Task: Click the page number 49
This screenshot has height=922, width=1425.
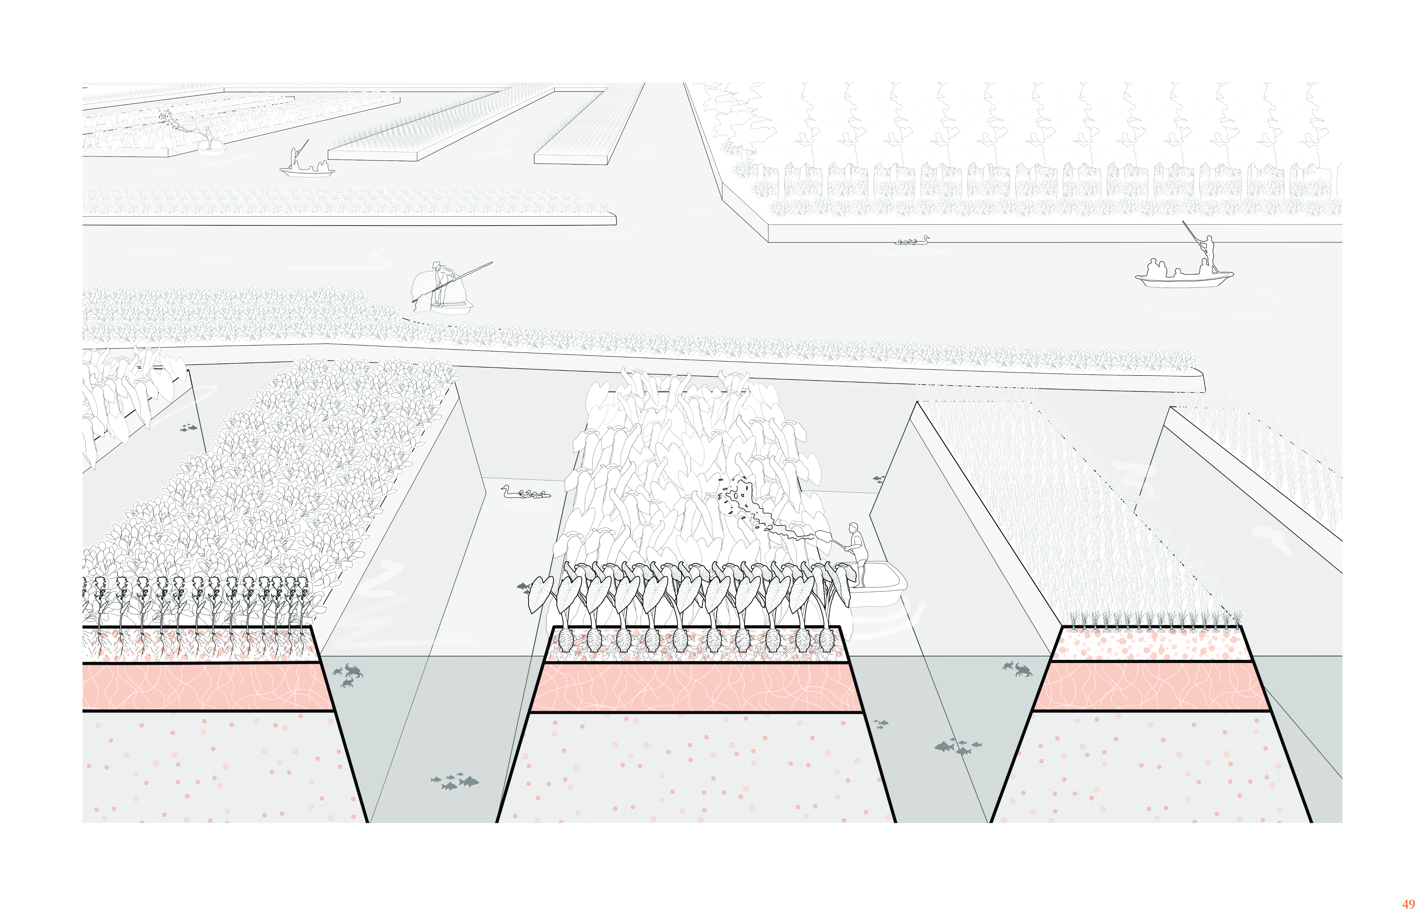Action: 1408,904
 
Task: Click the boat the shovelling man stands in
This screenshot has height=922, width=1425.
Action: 879,587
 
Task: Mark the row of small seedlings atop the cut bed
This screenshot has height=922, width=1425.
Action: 1153,620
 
